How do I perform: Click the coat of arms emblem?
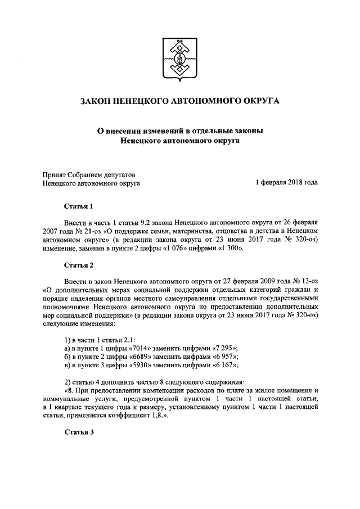pos(180,58)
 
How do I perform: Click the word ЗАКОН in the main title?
pos(97,102)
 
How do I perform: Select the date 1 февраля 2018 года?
pos(287,183)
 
